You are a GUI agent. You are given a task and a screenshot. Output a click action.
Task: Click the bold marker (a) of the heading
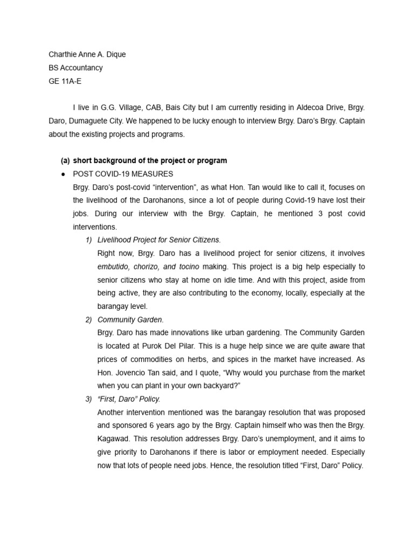click(x=65, y=160)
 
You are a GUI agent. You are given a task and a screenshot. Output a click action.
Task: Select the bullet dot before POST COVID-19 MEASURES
click(x=64, y=174)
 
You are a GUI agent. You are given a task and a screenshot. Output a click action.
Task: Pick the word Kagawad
click(x=114, y=439)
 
